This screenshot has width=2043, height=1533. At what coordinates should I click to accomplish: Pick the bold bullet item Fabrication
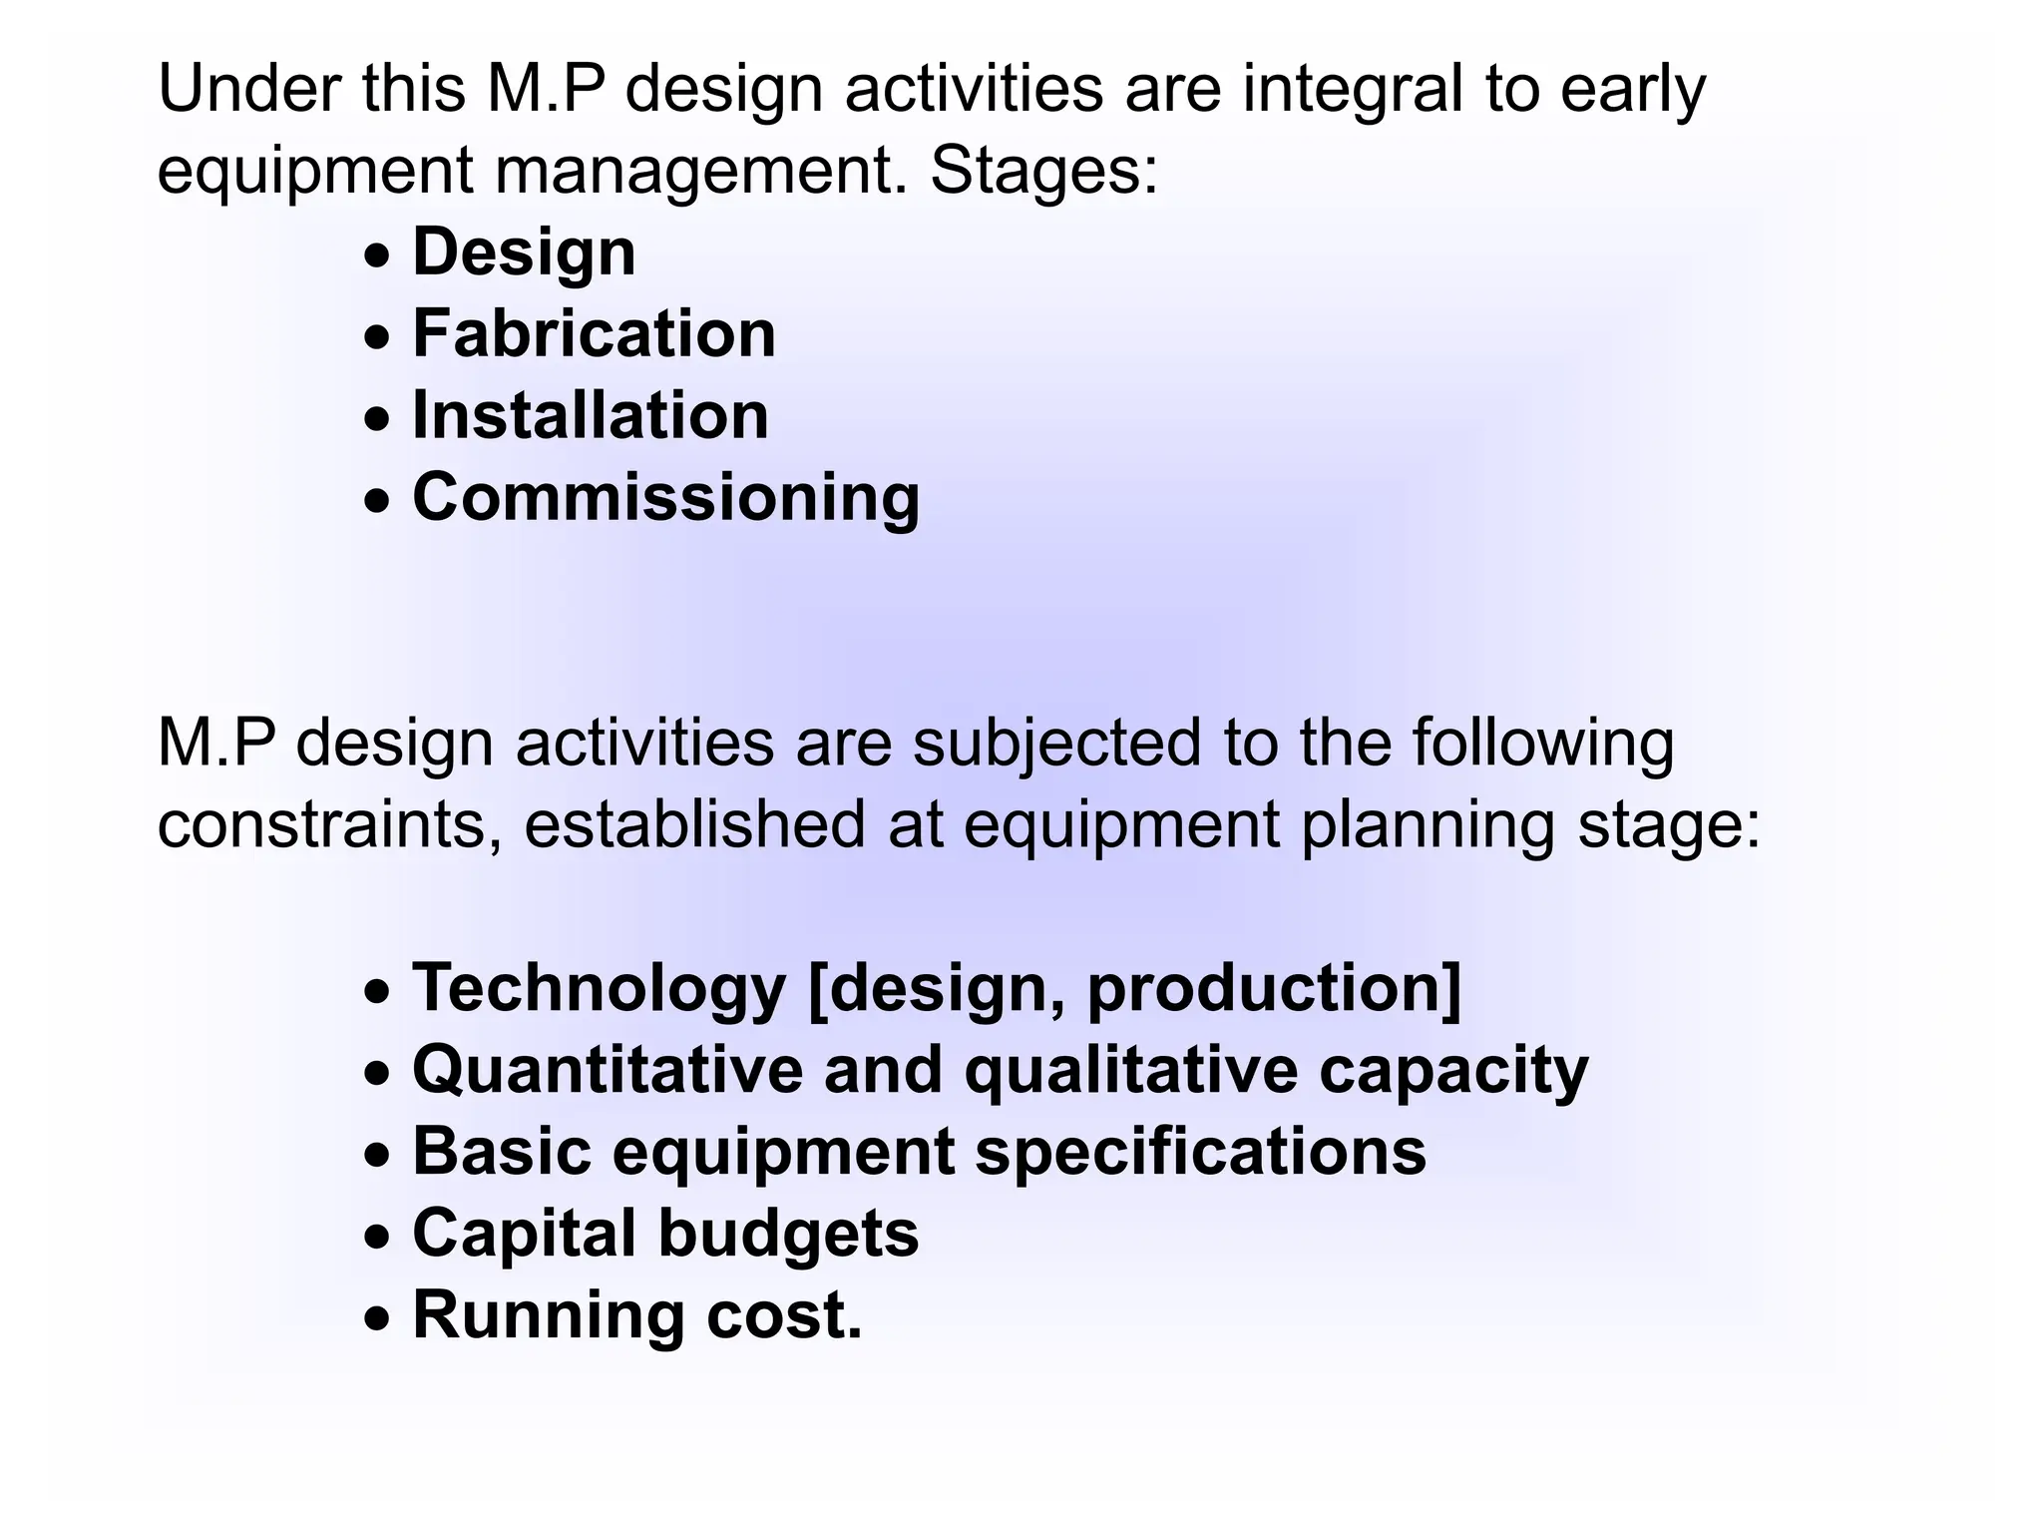594,333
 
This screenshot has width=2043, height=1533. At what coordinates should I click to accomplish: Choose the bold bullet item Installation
591,415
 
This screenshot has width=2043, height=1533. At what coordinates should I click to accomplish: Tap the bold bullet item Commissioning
665,497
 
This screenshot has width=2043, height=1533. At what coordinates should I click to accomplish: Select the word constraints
329,825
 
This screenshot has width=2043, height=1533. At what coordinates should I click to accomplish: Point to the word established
694,825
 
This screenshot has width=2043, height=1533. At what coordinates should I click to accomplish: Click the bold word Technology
600,989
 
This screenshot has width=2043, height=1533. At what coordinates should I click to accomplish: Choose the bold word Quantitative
608,1071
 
